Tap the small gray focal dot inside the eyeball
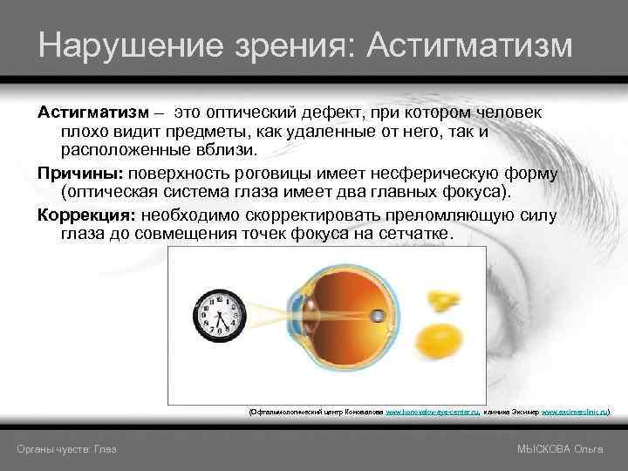click(x=377, y=316)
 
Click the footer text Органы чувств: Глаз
click(x=67, y=448)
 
